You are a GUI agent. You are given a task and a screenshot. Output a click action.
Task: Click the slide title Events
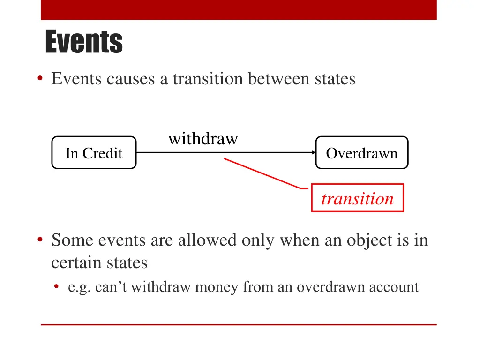(x=84, y=42)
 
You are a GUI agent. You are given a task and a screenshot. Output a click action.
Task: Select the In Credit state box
(x=94, y=153)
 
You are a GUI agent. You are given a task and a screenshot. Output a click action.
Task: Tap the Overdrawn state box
(x=361, y=153)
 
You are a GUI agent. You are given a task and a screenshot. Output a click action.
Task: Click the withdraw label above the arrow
(x=203, y=139)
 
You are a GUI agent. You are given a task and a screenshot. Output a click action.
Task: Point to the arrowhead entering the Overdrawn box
(x=313, y=152)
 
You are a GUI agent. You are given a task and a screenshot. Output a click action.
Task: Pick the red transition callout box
(x=357, y=198)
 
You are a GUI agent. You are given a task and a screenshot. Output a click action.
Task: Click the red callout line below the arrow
(x=262, y=173)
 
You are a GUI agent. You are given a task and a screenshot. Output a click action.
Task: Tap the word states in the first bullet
(x=335, y=79)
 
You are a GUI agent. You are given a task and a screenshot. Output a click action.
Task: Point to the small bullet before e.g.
(x=57, y=286)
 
